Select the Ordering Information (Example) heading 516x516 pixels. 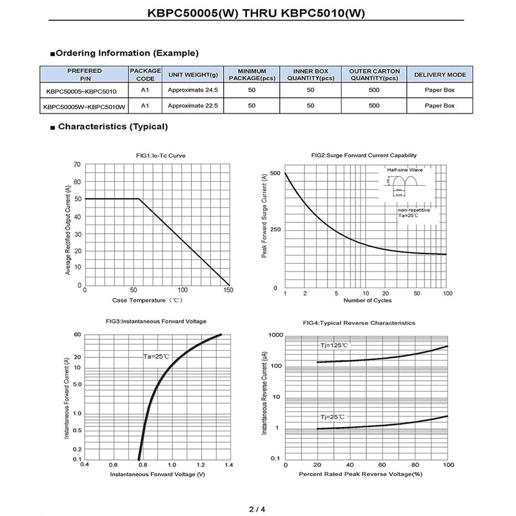pyautogui.click(x=127, y=53)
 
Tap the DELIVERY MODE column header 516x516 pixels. pyautogui.click(x=440, y=75)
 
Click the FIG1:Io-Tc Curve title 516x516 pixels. pyautogui.click(x=156, y=155)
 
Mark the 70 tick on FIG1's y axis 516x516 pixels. pyautogui.click(x=78, y=164)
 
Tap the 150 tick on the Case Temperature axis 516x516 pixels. pyautogui.click(x=229, y=291)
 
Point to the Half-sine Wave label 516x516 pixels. pyautogui.click(x=404, y=170)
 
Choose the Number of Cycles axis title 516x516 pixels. pyautogui.click(x=368, y=301)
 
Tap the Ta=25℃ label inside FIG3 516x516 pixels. pyautogui.click(x=156, y=357)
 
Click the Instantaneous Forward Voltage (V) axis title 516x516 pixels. pyautogui.click(x=158, y=475)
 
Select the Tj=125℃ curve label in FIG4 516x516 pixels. pyautogui.click(x=335, y=346)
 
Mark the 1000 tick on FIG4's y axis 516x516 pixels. pyautogui.click(x=275, y=335)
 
